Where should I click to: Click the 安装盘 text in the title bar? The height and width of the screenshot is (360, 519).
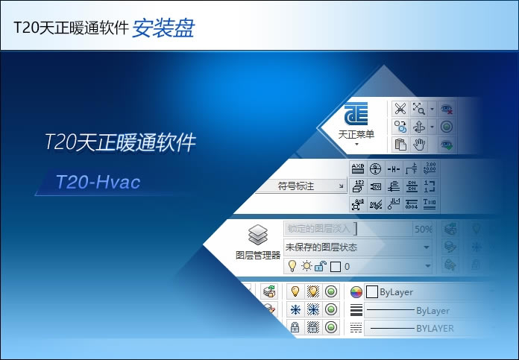tap(163, 28)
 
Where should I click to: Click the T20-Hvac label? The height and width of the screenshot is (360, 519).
tap(98, 182)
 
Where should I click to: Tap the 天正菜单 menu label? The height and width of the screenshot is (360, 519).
tap(356, 135)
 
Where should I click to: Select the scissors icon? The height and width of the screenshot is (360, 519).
tap(400, 109)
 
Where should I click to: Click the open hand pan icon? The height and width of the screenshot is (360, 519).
tap(421, 144)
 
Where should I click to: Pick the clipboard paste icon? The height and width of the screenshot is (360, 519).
tap(400, 144)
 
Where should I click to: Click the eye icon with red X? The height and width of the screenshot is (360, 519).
tap(447, 109)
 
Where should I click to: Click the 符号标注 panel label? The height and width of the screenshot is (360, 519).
tap(295, 186)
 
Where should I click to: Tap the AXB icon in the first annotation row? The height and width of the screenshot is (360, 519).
tap(358, 168)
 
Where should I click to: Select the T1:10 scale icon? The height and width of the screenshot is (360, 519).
tap(430, 203)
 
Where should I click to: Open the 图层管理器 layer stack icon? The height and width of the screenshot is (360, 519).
tap(257, 236)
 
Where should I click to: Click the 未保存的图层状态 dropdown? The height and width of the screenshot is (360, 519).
tap(356, 247)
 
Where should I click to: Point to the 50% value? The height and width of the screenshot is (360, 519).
tap(423, 229)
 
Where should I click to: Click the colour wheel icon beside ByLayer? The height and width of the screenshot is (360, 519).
tap(356, 292)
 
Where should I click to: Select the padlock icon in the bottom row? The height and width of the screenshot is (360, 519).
tap(295, 327)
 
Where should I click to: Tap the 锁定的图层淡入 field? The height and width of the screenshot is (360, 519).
tap(319, 229)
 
